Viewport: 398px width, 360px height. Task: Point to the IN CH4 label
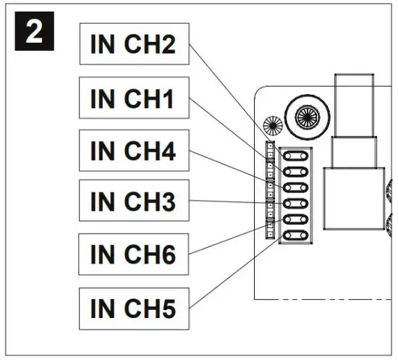coord(133,152)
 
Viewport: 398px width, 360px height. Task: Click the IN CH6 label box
coord(133,255)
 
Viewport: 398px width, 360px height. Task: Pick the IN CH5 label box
coord(133,308)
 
